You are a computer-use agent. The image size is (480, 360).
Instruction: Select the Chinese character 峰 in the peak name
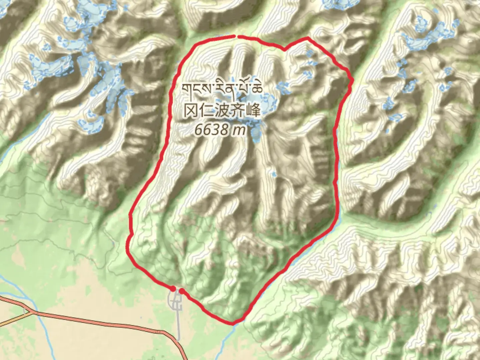(x=253, y=110)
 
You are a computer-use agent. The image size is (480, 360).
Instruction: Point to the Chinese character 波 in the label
(x=222, y=110)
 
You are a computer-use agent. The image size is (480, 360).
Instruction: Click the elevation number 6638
(x=212, y=130)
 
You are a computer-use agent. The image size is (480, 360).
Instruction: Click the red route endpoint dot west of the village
(x=173, y=288)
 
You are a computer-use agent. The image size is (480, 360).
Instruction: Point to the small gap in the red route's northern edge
(x=236, y=35)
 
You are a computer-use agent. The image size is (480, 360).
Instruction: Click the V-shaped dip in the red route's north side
(x=285, y=50)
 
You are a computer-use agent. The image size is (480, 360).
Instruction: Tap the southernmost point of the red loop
(x=232, y=323)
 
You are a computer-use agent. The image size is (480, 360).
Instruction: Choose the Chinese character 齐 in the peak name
(x=237, y=110)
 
